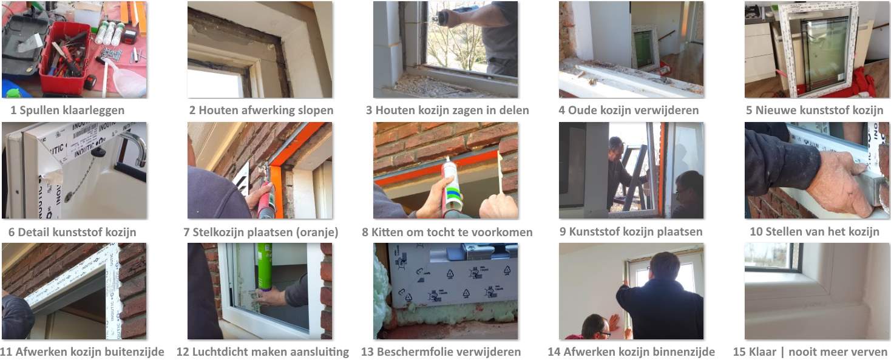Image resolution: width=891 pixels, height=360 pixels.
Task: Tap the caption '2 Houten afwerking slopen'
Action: click(x=261, y=110)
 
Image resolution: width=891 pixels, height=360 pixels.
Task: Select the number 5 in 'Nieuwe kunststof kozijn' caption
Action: click(x=749, y=110)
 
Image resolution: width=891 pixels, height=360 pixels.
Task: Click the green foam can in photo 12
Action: click(x=264, y=267)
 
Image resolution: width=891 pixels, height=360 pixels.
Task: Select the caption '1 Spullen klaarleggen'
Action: click(x=67, y=110)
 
